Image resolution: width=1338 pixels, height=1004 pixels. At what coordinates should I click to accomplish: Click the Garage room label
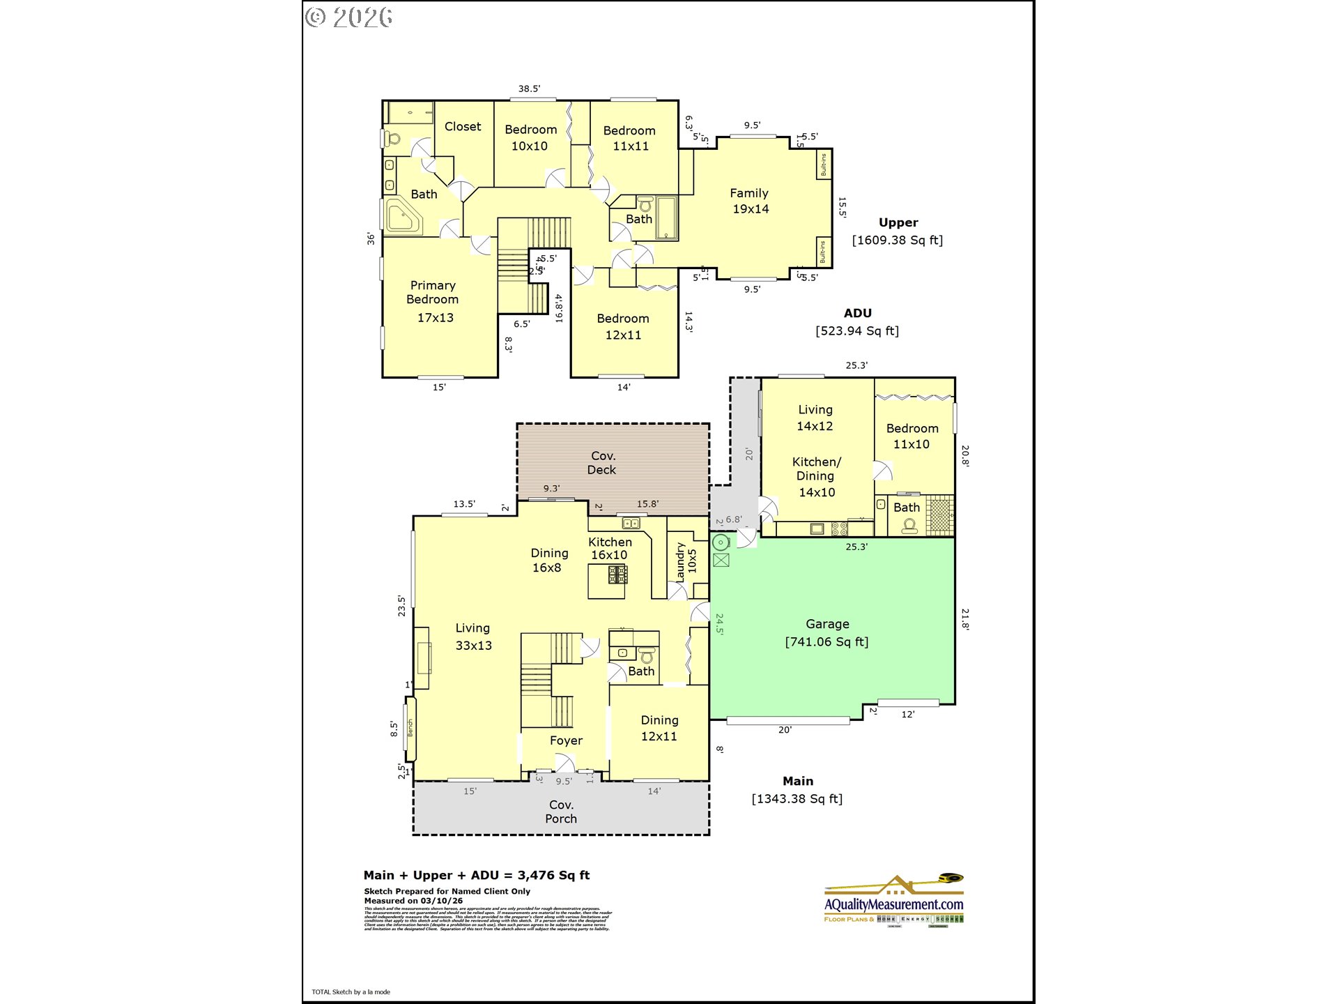pyautogui.click(x=827, y=632)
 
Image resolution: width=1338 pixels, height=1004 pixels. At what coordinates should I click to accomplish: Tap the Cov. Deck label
pyautogui.click(x=603, y=463)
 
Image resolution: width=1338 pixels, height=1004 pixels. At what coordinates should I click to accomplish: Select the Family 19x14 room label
pyautogui.click(x=750, y=201)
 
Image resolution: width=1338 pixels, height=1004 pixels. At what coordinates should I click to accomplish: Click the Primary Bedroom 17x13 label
pyautogui.click(x=433, y=301)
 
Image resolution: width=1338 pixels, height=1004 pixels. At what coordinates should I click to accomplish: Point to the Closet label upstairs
pyautogui.click(x=463, y=126)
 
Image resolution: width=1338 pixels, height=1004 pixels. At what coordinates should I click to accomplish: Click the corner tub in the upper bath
pyautogui.click(x=403, y=215)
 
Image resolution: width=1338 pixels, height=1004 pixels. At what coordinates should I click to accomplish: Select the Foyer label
pyautogui.click(x=566, y=740)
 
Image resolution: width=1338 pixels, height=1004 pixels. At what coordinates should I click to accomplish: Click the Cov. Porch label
pyautogui.click(x=561, y=812)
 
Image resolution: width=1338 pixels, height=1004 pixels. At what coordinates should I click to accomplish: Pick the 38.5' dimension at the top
pyautogui.click(x=529, y=89)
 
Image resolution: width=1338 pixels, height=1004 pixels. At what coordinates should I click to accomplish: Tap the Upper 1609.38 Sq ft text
pyautogui.click(x=898, y=231)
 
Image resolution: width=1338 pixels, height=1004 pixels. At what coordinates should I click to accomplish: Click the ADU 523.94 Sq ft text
pyautogui.click(x=857, y=322)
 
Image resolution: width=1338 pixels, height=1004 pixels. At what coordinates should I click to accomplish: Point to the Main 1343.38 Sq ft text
pyautogui.click(x=797, y=790)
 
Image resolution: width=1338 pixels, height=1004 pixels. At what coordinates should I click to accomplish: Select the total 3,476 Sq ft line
pyautogui.click(x=477, y=875)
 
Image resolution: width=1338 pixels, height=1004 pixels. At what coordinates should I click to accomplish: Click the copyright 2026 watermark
pyautogui.click(x=349, y=17)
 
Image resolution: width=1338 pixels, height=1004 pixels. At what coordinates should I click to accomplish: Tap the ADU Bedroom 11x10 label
pyautogui.click(x=912, y=436)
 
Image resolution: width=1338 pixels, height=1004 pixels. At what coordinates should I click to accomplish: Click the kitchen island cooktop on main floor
pyautogui.click(x=617, y=575)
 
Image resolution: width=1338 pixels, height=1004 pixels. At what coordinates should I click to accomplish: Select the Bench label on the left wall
pyautogui.click(x=410, y=728)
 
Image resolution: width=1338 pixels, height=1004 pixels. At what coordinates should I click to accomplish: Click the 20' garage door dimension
pyautogui.click(x=785, y=730)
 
